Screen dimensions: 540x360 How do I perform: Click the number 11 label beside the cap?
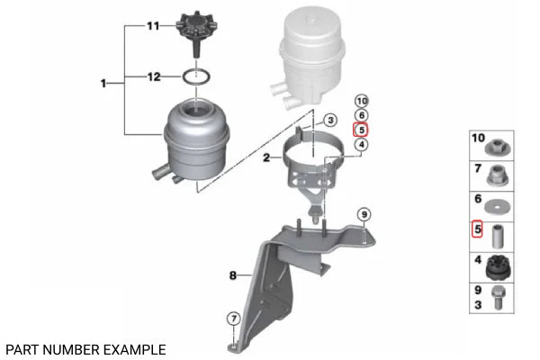[x=153, y=26]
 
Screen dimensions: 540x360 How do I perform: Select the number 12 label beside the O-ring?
[x=154, y=76]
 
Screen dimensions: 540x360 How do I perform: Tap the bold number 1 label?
[x=103, y=84]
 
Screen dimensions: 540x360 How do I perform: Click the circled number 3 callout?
[x=330, y=121]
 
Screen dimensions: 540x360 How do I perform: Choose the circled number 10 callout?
[x=362, y=102]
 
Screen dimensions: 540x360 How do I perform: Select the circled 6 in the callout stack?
[x=361, y=115]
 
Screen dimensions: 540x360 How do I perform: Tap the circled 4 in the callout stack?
[x=361, y=145]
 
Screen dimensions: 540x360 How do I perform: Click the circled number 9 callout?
[x=364, y=215]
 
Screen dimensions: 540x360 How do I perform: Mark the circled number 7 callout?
[x=233, y=319]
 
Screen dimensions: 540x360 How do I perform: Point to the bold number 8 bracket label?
[x=233, y=275]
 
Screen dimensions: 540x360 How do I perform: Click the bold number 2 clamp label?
[x=266, y=158]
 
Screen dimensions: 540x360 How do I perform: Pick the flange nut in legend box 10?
[x=498, y=148]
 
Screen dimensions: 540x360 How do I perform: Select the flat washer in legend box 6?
[x=498, y=207]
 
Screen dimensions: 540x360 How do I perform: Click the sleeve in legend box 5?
[x=498, y=237]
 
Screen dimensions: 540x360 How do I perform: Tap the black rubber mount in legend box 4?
[x=499, y=268]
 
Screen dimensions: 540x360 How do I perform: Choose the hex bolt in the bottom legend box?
[x=498, y=298]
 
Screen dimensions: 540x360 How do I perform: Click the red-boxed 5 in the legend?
[x=477, y=229]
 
